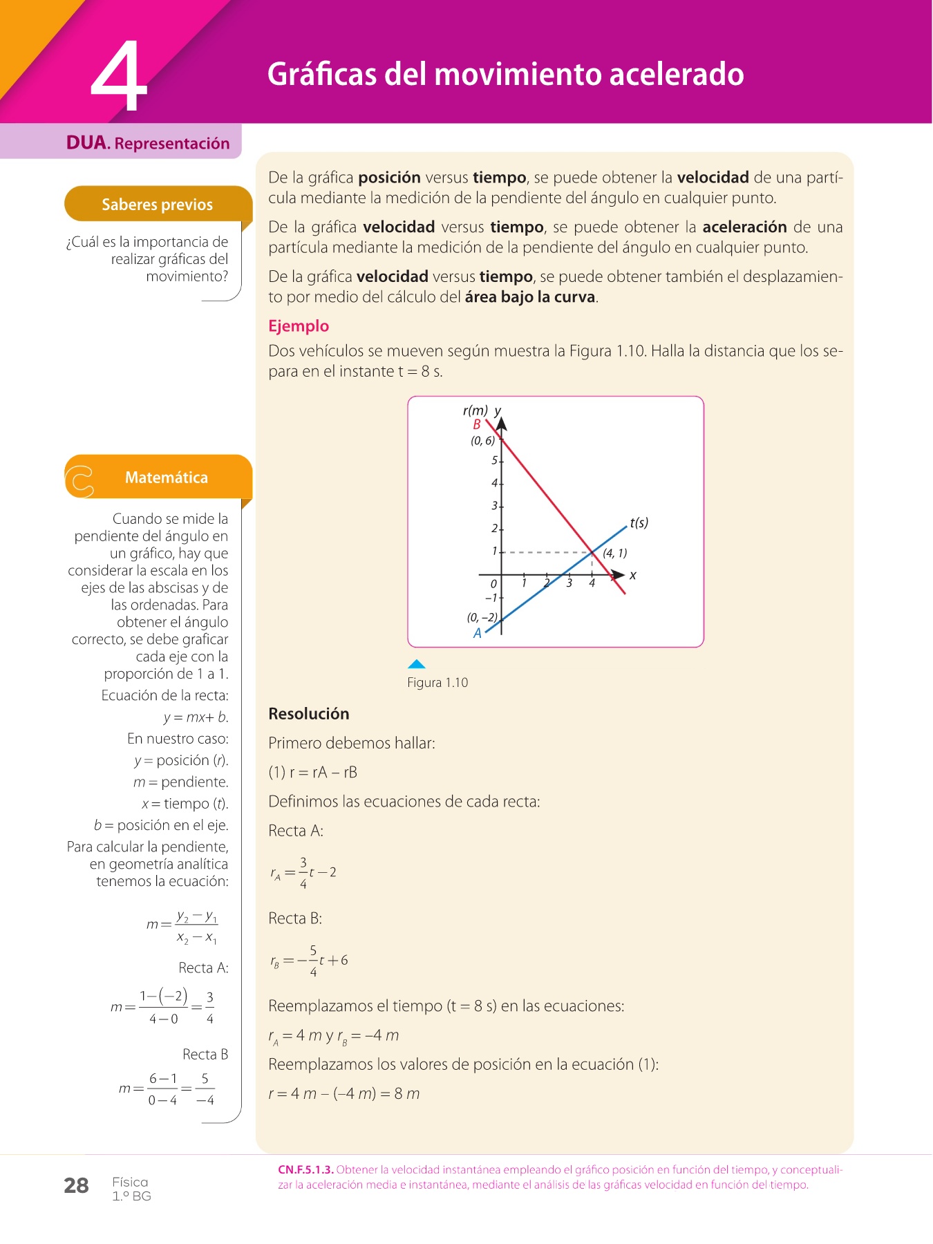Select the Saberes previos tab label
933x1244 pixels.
(x=157, y=205)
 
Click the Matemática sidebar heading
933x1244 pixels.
(x=166, y=478)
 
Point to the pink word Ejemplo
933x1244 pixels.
(x=299, y=326)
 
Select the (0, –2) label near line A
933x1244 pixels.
(x=482, y=617)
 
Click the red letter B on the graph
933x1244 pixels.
(x=477, y=425)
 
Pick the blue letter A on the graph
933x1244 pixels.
(x=477, y=633)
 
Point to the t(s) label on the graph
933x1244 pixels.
(x=639, y=522)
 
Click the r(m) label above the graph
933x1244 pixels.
(x=475, y=411)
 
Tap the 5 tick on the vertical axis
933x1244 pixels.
(x=494, y=460)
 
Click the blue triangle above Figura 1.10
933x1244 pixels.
(x=416, y=664)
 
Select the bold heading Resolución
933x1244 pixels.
(x=309, y=714)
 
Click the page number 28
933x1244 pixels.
(x=76, y=1186)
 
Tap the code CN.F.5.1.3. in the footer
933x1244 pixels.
(x=305, y=1170)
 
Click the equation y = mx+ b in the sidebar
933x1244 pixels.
(x=196, y=717)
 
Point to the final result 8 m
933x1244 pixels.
(x=407, y=1094)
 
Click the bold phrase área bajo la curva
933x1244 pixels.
(x=530, y=297)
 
